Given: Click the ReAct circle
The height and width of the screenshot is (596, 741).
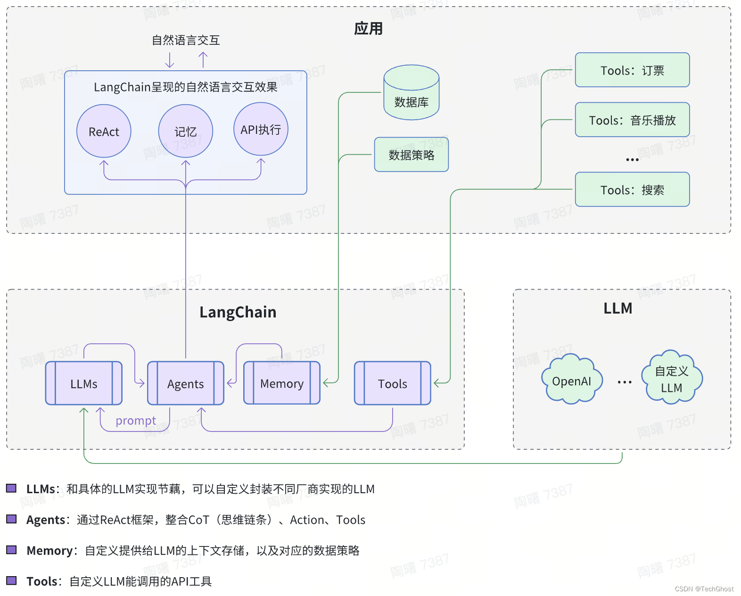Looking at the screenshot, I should click(x=104, y=131).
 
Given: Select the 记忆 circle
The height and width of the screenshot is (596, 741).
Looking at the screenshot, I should click(x=185, y=131).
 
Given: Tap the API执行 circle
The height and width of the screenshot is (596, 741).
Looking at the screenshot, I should click(x=261, y=129).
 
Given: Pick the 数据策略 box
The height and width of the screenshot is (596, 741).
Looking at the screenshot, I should click(x=411, y=155).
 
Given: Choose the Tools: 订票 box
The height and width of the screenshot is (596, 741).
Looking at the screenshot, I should click(x=632, y=70).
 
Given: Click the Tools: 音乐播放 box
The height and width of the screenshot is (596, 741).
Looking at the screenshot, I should click(x=632, y=120).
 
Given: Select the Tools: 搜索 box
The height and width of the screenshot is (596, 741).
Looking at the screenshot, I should click(x=632, y=190).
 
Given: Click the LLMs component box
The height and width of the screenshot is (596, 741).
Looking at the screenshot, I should click(x=84, y=383).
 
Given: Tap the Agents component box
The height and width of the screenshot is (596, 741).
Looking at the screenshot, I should click(x=185, y=383).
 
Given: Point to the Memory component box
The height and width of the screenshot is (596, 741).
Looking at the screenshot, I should click(x=282, y=383).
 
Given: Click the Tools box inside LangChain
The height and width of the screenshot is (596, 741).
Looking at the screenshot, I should click(x=392, y=383).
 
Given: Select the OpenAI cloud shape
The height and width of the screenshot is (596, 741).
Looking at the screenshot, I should click(x=571, y=380).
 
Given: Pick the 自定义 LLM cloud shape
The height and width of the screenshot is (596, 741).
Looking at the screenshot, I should click(x=672, y=378).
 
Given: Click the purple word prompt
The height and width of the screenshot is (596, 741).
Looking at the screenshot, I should click(x=135, y=420).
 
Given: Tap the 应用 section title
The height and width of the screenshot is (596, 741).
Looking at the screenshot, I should click(x=368, y=29).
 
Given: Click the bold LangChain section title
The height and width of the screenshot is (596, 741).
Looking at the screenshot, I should click(x=238, y=312).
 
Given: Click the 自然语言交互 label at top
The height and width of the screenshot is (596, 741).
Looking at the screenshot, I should click(x=186, y=40).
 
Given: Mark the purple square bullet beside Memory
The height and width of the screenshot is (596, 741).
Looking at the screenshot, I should click(x=11, y=550).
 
